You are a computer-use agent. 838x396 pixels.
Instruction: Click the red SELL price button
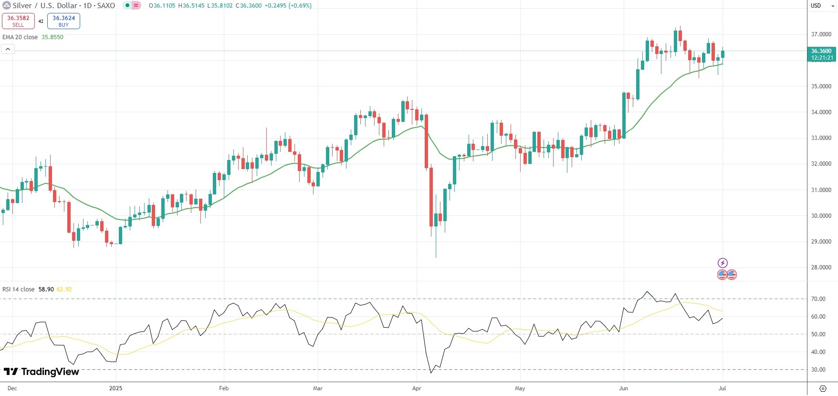point(18,21)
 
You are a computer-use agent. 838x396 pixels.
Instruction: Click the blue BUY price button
point(63,21)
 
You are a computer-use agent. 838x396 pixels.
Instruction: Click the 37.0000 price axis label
point(821,34)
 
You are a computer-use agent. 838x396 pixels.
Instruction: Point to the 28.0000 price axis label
point(821,268)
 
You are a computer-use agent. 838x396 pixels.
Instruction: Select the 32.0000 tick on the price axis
point(821,164)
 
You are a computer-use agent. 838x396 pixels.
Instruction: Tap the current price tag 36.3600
point(821,54)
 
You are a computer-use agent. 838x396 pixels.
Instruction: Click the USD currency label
point(816,6)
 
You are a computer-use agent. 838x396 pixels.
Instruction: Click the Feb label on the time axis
point(223,388)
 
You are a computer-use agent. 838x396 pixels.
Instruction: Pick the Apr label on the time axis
point(417,388)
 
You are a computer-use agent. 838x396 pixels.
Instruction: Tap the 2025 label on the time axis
point(115,388)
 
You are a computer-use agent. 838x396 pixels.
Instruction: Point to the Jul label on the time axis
point(722,388)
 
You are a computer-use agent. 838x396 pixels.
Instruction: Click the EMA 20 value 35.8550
point(52,37)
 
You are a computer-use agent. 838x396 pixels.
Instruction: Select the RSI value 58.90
point(46,289)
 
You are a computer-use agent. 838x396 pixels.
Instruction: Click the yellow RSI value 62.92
point(64,289)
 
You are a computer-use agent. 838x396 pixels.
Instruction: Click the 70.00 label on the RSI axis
point(818,299)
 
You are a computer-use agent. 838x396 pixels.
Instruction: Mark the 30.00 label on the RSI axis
point(818,370)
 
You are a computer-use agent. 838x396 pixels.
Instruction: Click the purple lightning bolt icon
point(723,263)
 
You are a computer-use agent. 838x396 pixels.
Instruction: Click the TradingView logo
point(42,372)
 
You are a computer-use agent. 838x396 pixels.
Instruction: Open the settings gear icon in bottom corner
point(823,388)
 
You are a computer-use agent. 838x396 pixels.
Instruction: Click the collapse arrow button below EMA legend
point(8,49)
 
